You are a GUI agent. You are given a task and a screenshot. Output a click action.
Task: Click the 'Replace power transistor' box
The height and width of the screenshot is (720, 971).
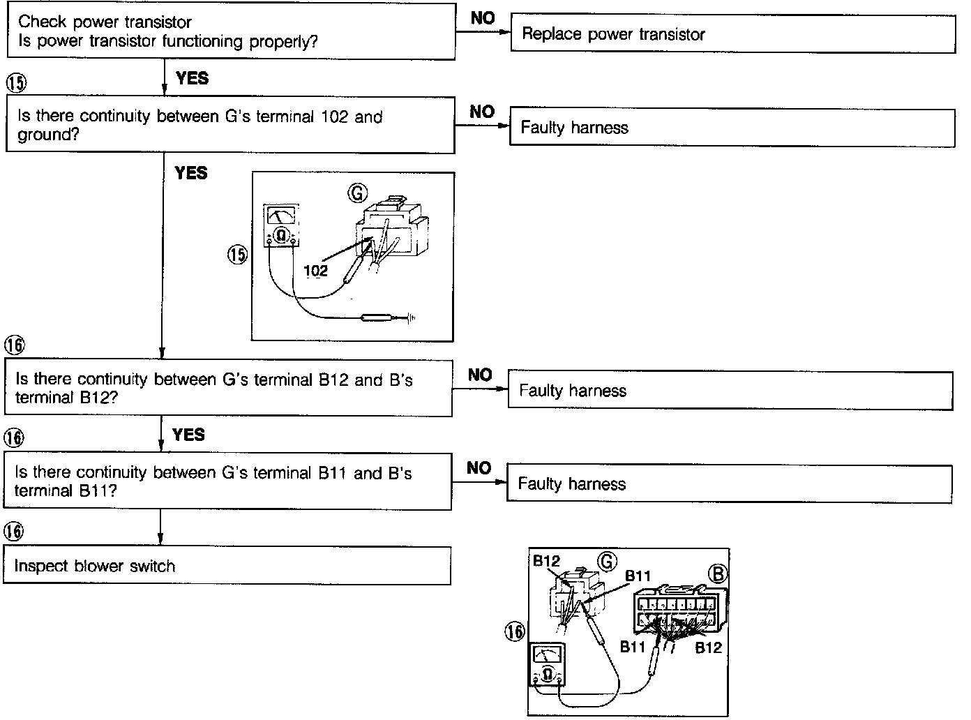(x=732, y=33)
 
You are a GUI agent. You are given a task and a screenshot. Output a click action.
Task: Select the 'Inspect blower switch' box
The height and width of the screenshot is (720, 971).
(x=227, y=566)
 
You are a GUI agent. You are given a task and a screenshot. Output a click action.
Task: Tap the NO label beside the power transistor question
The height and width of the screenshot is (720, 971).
(x=483, y=19)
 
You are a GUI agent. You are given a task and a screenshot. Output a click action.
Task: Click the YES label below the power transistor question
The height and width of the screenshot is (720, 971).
(x=192, y=78)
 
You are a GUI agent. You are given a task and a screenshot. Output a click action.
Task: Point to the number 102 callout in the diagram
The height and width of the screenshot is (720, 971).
(x=316, y=271)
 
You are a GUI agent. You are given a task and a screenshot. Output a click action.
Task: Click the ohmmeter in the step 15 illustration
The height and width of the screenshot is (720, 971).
(x=281, y=225)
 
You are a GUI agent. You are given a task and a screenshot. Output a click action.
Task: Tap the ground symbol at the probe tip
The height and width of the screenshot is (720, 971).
(x=412, y=319)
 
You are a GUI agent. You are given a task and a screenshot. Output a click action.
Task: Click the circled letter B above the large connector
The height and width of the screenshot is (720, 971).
(x=717, y=573)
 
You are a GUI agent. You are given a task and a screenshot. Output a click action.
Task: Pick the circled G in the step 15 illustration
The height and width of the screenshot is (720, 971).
(x=357, y=193)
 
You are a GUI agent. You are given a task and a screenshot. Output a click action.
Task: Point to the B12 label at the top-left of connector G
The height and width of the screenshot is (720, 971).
(x=546, y=561)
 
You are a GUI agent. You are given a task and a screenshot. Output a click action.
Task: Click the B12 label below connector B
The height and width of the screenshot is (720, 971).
(x=708, y=647)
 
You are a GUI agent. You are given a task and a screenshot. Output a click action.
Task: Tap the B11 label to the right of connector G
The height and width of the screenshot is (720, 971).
(x=638, y=576)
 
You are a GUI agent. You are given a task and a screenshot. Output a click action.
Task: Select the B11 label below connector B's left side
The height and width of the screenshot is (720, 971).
(x=633, y=647)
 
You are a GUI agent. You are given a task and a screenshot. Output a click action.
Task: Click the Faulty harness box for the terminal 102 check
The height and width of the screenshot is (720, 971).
(x=732, y=128)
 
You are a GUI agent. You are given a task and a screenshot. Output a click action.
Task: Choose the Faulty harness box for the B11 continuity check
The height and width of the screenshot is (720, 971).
(x=729, y=484)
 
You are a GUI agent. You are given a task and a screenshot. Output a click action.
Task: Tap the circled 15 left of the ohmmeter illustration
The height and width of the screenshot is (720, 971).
(x=238, y=255)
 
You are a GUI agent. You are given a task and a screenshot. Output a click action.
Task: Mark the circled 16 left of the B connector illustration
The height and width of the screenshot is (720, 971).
(x=514, y=632)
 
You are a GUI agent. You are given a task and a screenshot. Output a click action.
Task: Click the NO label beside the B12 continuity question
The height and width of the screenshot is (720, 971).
(x=480, y=375)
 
